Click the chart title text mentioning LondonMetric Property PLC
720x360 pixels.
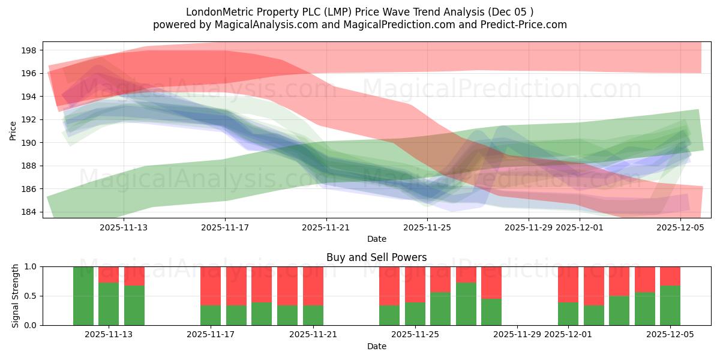[x=359, y=12]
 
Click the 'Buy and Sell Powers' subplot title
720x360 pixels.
[x=376, y=257]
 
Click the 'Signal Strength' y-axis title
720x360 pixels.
[x=16, y=296]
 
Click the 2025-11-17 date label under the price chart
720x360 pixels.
[x=225, y=227]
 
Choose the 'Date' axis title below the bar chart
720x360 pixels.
[x=376, y=346]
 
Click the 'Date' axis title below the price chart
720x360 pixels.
[x=376, y=239]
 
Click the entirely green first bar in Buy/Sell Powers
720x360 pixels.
[x=83, y=296]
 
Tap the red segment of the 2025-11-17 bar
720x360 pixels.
[x=211, y=286]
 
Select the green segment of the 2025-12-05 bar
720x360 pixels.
[x=670, y=305]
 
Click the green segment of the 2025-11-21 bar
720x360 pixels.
[x=313, y=316]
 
